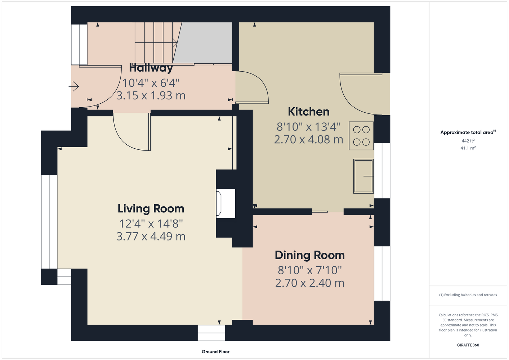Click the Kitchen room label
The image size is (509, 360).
point(309,112)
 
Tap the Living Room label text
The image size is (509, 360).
point(151,209)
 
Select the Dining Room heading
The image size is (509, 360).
point(310,255)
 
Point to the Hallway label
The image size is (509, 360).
point(151,68)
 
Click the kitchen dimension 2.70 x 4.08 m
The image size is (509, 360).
point(309,139)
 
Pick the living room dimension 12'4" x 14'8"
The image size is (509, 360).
point(151,224)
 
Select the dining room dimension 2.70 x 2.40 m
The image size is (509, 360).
point(310,283)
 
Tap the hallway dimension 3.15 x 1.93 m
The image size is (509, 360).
point(151,95)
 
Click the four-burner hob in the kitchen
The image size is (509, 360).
point(361,136)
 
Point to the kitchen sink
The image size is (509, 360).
point(363,176)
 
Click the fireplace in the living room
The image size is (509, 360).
point(226,203)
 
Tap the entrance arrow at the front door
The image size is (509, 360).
point(73,86)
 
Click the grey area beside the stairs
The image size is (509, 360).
point(205,43)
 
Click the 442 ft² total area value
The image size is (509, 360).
point(468,141)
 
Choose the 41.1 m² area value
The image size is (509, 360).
point(468,148)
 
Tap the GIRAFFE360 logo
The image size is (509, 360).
point(468,345)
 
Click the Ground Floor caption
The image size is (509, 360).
point(215,352)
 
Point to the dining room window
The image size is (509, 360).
point(382,274)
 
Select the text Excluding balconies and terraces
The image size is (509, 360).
point(470,295)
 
